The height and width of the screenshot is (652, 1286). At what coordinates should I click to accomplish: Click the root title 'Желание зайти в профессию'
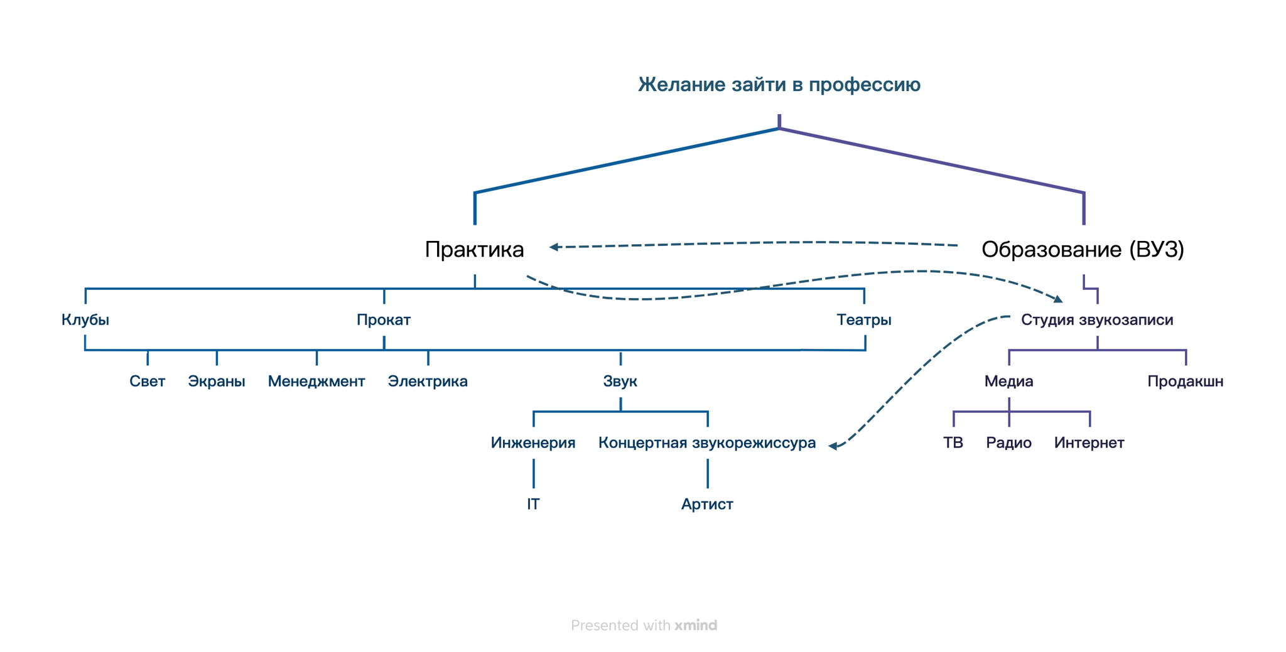tap(779, 85)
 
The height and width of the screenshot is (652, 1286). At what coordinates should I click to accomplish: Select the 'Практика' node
tap(474, 250)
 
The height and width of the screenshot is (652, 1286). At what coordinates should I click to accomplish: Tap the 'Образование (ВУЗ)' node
tap(1083, 250)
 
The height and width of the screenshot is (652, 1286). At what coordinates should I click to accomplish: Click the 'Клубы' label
tap(85, 320)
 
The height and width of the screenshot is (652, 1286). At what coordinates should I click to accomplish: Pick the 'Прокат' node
tap(384, 320)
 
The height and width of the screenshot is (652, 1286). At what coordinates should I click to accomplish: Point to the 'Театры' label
tap(864, 320)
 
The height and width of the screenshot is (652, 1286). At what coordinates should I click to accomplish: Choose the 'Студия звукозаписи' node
tap(1097, 320)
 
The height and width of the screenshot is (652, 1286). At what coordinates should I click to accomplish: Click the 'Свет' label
tap(148, 382)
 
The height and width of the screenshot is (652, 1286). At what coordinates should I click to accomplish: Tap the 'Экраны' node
tap(217, 382)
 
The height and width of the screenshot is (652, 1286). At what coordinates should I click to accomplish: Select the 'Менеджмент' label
tap(316, 382)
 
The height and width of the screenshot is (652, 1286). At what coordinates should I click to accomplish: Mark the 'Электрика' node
tap(428, 382)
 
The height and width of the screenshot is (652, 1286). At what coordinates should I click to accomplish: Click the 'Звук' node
tap(620, 382)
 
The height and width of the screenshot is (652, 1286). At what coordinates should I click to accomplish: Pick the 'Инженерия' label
tap(533, 443)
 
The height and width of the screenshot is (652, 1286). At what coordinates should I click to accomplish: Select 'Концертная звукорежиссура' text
tap(707, 443)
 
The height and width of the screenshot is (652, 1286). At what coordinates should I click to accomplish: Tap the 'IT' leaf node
tap(533, 505)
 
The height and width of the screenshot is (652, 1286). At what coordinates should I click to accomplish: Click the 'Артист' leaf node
tap(707, 505)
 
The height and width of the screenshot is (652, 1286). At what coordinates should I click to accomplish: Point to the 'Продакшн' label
tap(1186, 382)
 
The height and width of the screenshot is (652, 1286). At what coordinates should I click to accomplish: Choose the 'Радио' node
tap(1009, 443)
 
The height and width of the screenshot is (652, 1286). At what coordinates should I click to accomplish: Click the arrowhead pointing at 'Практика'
tap(554, 247)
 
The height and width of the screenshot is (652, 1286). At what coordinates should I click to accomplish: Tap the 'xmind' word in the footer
tap(696, 626)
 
